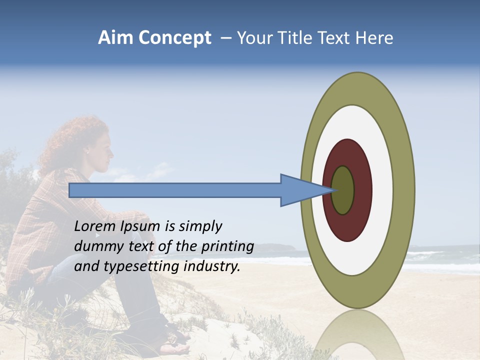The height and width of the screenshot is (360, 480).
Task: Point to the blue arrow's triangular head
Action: coord(300,190)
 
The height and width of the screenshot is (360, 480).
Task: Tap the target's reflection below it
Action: coord(357,335)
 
